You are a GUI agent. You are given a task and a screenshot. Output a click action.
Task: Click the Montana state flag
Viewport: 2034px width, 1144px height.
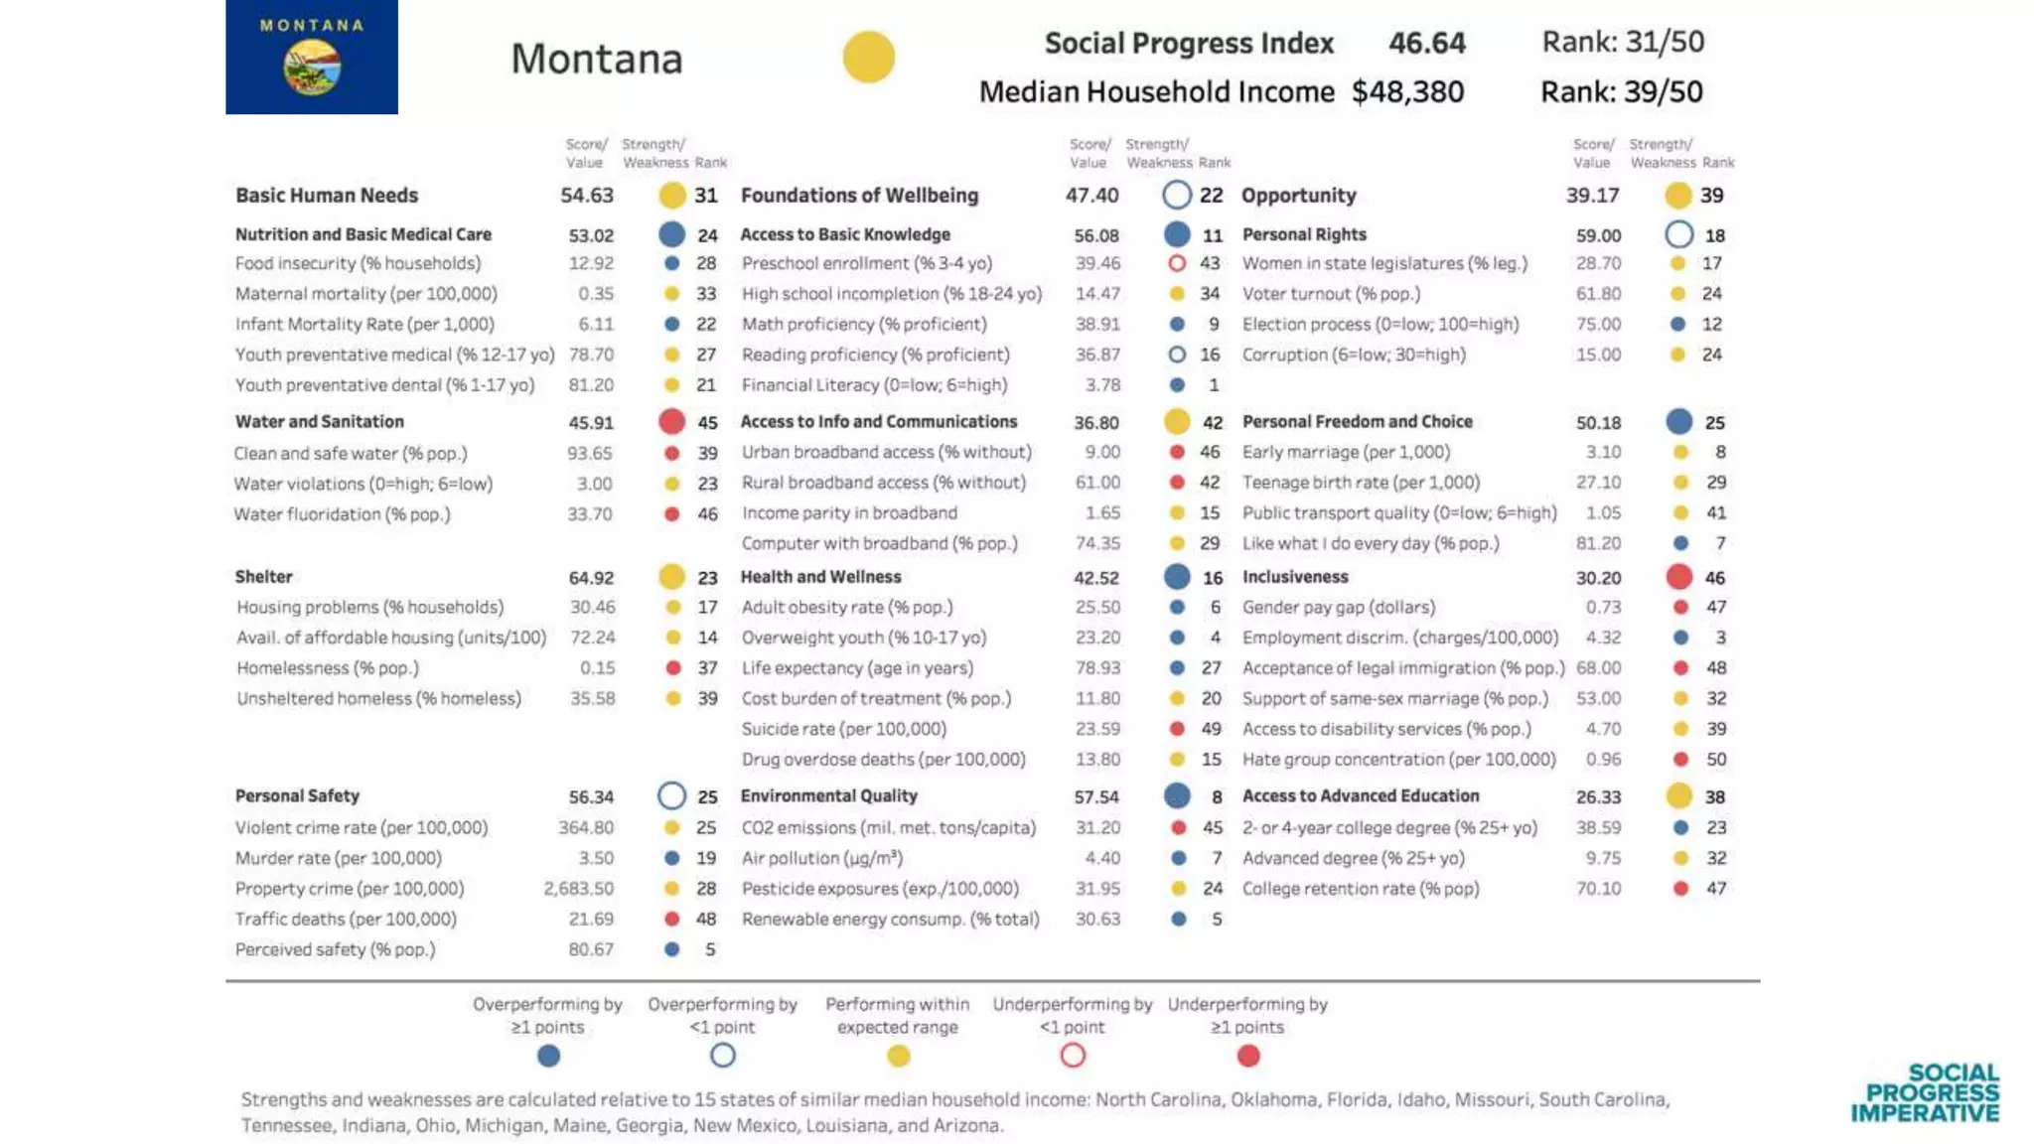click(311, 57)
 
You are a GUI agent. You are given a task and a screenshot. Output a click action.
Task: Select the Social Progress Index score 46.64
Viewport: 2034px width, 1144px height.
click(1426, 43)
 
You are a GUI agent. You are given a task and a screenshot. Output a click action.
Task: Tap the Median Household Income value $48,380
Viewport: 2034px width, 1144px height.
click(1406, 91)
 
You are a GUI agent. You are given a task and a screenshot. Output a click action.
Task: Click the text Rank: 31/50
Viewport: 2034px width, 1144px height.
click(1622, 42)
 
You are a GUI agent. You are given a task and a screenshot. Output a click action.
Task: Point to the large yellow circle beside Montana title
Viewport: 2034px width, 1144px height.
click(868, 57)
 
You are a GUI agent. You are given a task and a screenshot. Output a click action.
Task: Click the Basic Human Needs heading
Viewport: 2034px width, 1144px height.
click(327, 196)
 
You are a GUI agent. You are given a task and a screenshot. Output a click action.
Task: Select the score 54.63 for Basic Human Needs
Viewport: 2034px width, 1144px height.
click(586, 196)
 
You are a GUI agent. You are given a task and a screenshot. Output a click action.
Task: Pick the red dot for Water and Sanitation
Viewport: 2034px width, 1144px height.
click(671, 422)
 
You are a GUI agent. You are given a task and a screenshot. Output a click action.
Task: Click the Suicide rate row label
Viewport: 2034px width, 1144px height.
click(843, 729)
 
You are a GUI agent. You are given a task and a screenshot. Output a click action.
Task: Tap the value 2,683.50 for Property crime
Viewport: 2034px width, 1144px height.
click(578, 889)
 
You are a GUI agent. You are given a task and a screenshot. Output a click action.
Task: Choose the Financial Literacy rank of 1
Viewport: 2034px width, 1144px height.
click(1213, 385)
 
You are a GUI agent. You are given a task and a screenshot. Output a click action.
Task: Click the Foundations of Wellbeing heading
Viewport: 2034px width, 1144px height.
click(859, 196)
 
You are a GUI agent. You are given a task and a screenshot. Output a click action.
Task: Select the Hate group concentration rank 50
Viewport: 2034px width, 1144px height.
click(1715, 760)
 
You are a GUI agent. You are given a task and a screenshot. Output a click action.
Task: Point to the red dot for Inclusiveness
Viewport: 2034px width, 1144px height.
click(1678, 577)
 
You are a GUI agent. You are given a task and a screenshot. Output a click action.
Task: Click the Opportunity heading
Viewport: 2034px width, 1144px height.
click(1298, 196)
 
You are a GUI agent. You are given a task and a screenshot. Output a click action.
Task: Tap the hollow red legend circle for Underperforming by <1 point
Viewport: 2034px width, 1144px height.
click(1072, 1056)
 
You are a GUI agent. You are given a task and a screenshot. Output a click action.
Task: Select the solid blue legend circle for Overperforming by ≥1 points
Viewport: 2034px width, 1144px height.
click(548, 1056)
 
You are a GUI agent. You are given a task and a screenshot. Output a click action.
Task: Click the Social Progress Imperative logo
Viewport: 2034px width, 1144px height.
click(1925, 1092)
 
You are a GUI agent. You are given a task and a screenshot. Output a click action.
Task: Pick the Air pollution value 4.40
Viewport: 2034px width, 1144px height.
click(1101, 858)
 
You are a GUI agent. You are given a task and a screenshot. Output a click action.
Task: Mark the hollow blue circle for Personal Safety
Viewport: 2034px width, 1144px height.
click(671, 796)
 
